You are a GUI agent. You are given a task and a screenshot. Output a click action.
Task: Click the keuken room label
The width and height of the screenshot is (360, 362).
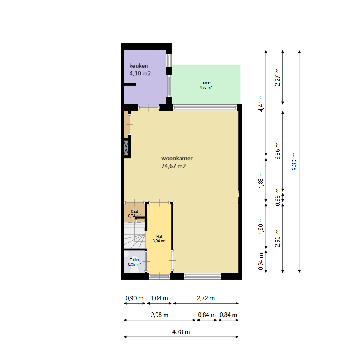140,70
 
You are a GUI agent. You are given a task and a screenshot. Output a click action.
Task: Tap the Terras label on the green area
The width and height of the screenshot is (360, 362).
206,85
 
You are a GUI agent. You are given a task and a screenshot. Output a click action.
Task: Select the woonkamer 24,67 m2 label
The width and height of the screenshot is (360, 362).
177,162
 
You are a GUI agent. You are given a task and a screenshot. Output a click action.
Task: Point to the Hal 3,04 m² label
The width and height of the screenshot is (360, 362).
159,239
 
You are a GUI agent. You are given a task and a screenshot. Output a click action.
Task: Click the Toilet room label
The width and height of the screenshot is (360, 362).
134,262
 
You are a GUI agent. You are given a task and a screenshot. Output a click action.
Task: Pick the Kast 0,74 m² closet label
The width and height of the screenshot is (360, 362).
134,213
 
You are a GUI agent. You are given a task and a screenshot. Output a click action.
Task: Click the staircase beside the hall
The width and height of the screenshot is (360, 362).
134,235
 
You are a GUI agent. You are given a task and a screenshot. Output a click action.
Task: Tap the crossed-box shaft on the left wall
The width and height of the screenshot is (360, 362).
126,148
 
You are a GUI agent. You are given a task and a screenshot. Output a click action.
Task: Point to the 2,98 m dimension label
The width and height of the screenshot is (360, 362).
160,315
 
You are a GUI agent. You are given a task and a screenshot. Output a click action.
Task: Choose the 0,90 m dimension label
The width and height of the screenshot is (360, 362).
134,298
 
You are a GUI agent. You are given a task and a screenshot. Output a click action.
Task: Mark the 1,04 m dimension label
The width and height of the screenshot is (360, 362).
159,298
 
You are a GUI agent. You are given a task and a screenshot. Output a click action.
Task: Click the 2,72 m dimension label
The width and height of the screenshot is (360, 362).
206,298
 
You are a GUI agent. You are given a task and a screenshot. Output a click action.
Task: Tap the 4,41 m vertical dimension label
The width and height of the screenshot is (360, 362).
260,103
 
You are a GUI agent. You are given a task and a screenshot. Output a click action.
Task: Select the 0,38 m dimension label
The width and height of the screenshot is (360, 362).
278,197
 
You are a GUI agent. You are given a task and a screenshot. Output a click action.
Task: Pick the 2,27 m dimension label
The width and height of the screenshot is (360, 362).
278,77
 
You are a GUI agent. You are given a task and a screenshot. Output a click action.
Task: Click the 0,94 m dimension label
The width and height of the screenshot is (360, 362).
260,262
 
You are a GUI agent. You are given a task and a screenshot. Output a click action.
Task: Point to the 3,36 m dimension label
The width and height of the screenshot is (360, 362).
278,151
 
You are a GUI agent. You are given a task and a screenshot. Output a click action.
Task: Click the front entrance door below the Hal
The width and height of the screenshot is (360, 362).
159,276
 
